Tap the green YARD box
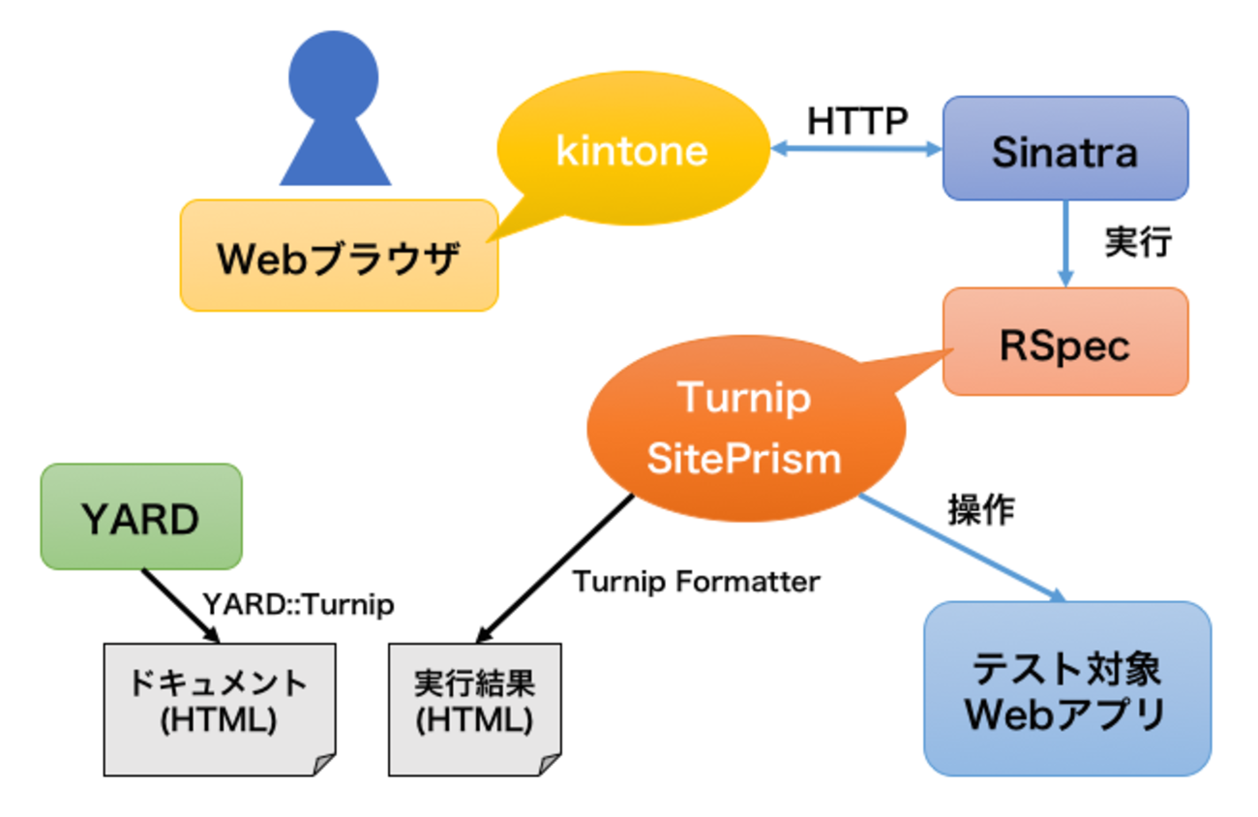[x=140, y=517]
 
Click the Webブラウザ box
[x=339, y=256]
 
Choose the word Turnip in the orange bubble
[x=744, y=398]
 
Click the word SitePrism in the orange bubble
[x=744, y=457]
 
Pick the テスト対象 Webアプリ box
[x=1066, y=688]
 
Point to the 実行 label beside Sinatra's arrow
[x=1138, y=242]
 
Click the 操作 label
[x=981, y=510]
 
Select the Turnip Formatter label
[x=696, y=582]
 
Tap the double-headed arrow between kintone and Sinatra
[x=856, y=149]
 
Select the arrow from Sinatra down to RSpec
[x=1065, y=242]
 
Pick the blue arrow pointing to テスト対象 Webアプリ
[x=963, y=548]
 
